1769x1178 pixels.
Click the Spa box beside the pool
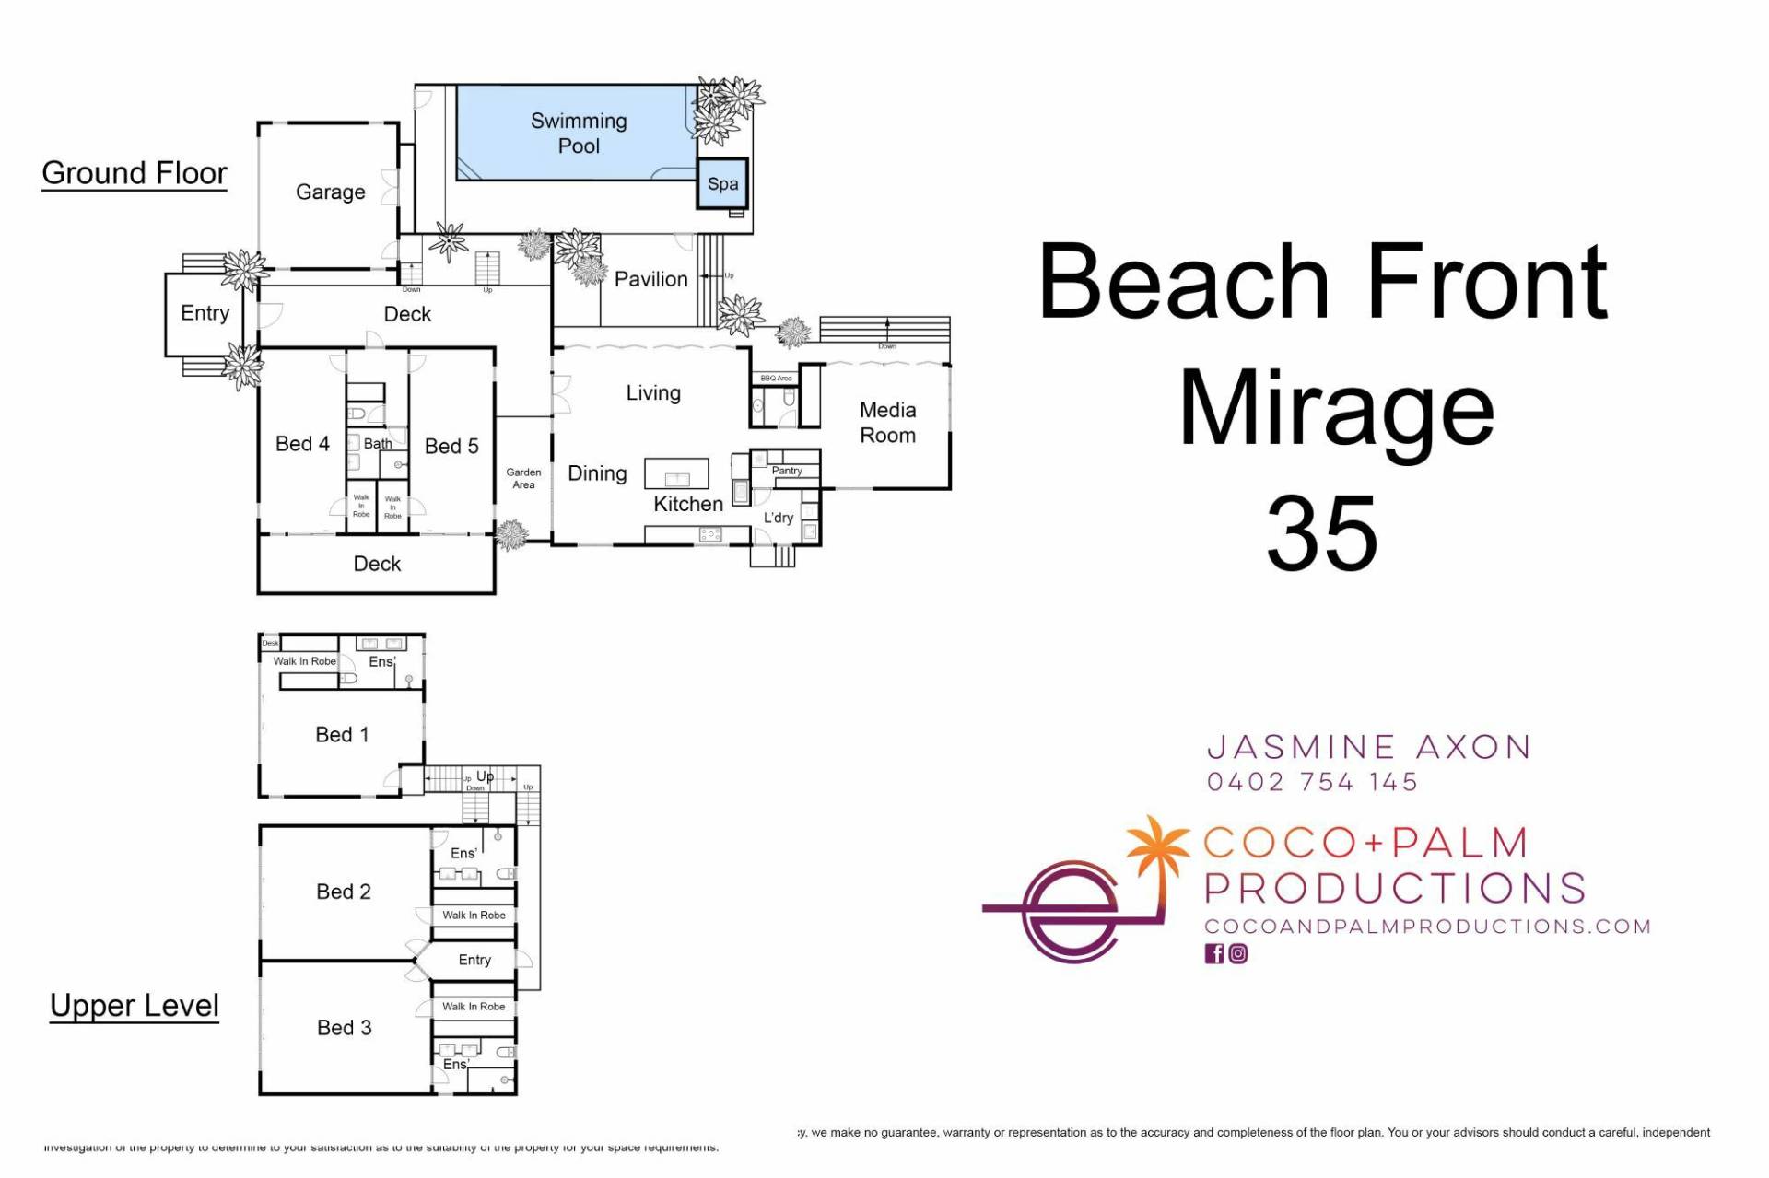(x=722, y=183)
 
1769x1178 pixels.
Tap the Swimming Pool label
(x=579, y=134)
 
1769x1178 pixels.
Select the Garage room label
(x=330, y=192)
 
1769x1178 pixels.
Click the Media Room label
(x=887, y=423)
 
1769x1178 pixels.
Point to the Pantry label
(x=787, y=471)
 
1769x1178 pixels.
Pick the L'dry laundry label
(x=779, y=518)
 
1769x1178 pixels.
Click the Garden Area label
(x=523, y=478)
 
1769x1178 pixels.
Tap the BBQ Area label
(x=776, y=379)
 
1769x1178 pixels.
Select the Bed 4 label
(x=302, y=444)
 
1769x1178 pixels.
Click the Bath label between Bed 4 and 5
(x=378, y=444)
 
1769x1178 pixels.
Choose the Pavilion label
(x=650, y=279)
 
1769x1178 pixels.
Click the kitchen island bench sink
(x=677, y=479)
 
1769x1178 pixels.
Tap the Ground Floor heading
(x=135, y=173)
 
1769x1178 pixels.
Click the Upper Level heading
(x=135, y=1005)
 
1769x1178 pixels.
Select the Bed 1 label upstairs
(x=342, y=734)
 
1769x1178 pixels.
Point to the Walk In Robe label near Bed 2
(x=474, y=916)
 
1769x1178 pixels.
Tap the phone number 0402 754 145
(x=1312, y=782)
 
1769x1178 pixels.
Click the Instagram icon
(x=1238, y=954)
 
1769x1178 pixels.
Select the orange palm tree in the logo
(x=1158, y=847)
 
